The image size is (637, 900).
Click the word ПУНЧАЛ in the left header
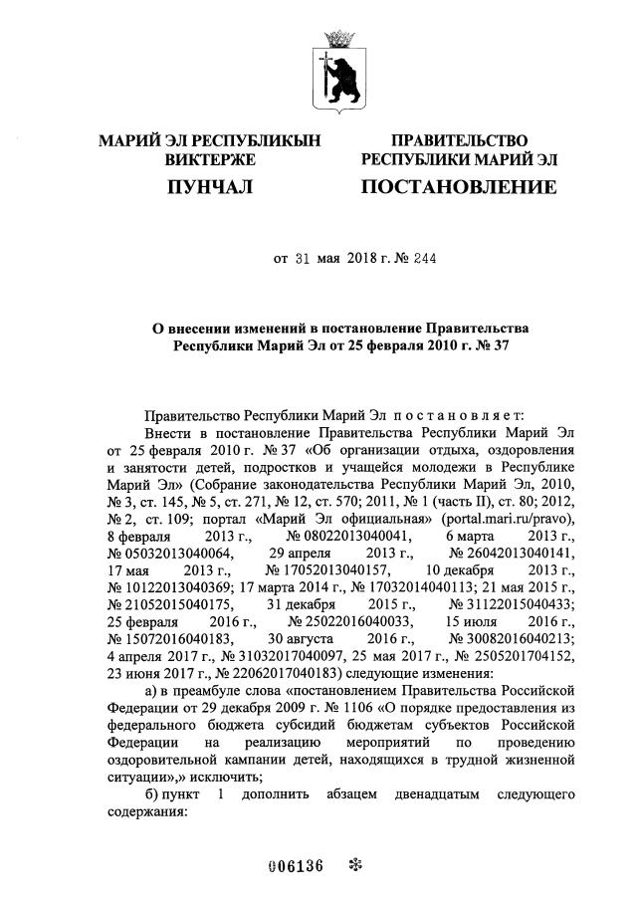click(x=211, y=187)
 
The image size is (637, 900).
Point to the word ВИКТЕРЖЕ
click(x=211, y=159)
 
